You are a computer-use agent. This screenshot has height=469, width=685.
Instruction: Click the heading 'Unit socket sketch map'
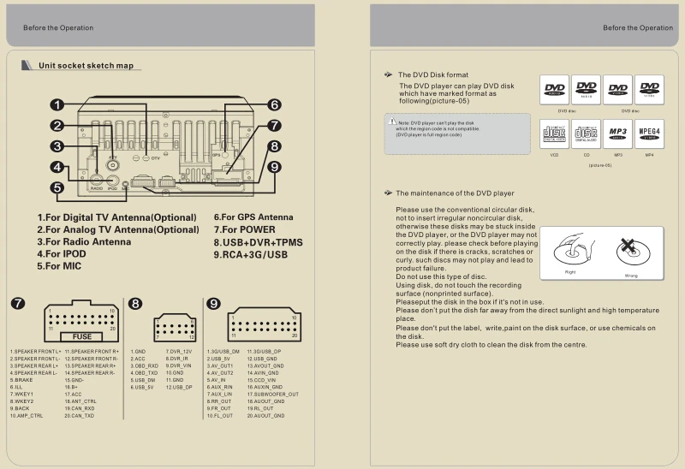click(x=86, y=66)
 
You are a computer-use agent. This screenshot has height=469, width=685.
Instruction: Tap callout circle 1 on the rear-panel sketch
click(x=57, y=105)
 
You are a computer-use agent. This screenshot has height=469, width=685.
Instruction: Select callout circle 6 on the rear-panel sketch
click(x=273, y=105)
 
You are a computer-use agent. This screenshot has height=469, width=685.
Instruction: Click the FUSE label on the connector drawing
click(x=83, y=337)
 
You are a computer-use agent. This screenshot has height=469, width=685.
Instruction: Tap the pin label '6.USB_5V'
click(x=143, y=388)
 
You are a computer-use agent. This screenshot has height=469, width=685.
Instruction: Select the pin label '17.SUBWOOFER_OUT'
click(x=273, y=394)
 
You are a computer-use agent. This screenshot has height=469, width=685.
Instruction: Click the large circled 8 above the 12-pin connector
click(x=136, y=304)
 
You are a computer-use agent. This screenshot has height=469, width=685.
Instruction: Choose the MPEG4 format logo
click(x=649, y=133)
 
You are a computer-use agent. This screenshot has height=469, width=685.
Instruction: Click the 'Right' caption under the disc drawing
click(x=570, y=272)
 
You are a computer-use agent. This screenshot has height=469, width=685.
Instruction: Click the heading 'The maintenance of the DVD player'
click(x=455, y=193)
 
